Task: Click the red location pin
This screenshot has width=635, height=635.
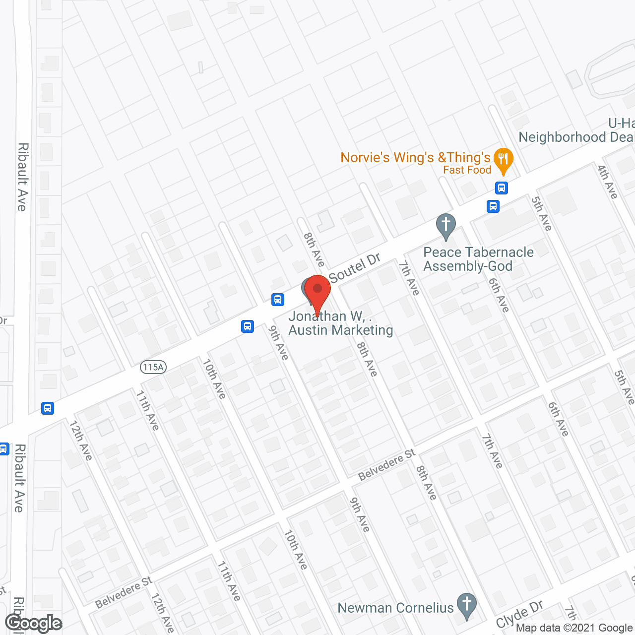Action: pyautogui.click(x=317, y=293)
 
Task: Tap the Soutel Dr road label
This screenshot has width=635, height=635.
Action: pyautogui.click(x=354, y=268)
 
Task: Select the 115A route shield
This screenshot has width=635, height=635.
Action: pyautogui.click(x=153, y=367)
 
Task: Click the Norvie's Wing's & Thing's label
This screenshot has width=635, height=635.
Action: pyautogui.click(x=415, y=158)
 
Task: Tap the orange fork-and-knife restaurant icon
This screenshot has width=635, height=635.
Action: pyautogui.click(x=504, y=160)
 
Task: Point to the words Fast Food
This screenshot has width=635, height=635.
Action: pyautogui.click(x=467, y=170)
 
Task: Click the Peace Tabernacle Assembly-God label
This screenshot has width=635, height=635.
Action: pyautogui.click(x=478, y=259)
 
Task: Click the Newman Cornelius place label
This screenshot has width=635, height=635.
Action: pyautogui.click(x=395, y=608)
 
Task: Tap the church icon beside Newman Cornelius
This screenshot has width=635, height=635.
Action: pyautogui.click(x=466, y=605)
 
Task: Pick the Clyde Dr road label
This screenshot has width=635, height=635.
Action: pyautogui.click(x=519, y=614)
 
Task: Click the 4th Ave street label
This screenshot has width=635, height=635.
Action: pyautogui.click(x=608, y=182)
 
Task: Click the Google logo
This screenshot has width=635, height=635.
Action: pyautogui.click(x=33, y=623)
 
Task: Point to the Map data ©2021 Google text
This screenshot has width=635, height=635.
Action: pyautogui.click(x=574, y=628)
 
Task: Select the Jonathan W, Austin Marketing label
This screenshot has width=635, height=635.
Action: pyautogui.click(x=340, y=323)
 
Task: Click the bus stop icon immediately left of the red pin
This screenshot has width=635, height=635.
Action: pyautogui.click(x=278, y=299)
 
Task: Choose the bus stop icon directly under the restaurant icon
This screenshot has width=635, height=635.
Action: pyautogui.click(x=502, y=188)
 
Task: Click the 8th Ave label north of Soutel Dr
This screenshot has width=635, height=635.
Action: pyautogui.click(x=314, y=250)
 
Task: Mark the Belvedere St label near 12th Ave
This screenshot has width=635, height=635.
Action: pyautogui.click(x=123, y=592)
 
